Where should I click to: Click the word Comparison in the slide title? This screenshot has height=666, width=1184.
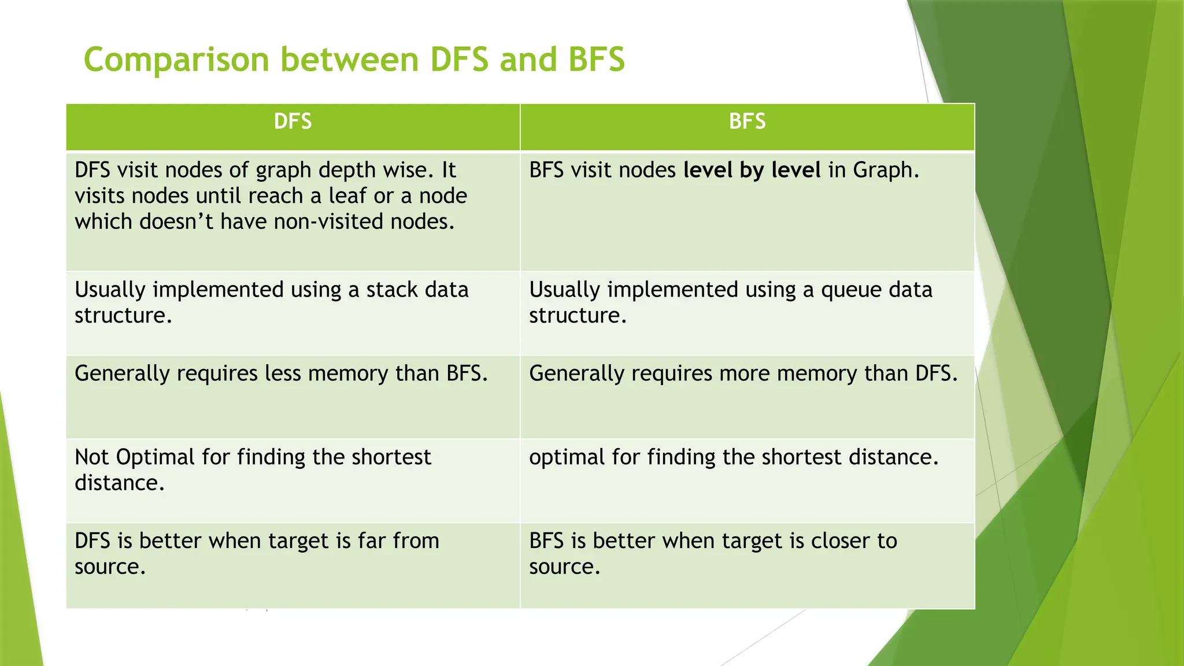[176, 60]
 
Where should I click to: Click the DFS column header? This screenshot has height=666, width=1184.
[293, 121]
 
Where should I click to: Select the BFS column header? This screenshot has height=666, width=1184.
[747, 121]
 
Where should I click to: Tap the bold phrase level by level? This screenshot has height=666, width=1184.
[752, 170]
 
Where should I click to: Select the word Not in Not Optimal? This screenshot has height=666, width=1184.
[92, 457]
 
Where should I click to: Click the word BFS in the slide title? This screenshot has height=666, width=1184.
[596, 60]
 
